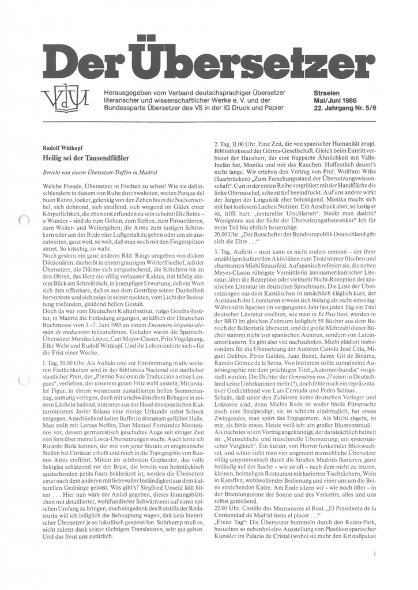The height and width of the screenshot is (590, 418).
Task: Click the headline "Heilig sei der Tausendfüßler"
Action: click(86, 157)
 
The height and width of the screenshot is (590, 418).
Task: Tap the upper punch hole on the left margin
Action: click(24, 219)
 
